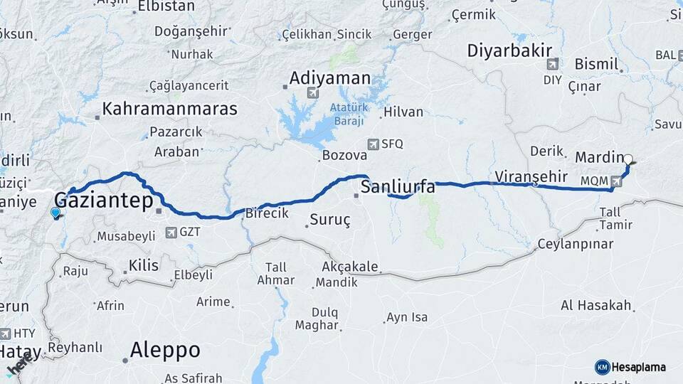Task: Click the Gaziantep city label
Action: point(104,201)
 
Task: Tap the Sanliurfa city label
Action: point(398,188)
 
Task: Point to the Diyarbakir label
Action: point(510,50)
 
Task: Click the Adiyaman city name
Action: point(330,78)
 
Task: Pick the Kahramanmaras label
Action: point(170,109)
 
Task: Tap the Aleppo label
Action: point(165,350)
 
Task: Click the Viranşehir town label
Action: point(531,176)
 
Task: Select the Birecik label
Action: point(267,213)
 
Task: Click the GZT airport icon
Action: point(171,232)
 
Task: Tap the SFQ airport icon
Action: point(373,144)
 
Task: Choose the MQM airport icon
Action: point(616,181)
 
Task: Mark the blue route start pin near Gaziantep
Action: point(55,211)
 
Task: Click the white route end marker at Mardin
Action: point(629,160)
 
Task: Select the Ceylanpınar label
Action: point(576,245)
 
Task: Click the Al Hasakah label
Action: point(596,305)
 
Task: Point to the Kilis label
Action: point(144,265)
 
